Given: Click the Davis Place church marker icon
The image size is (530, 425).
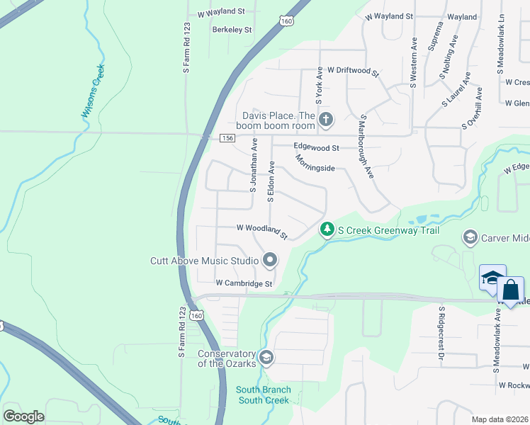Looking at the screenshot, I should pos(326,119).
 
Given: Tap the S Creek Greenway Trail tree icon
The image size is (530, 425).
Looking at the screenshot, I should pos(327,229).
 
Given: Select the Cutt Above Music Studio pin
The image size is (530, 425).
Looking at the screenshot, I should pos(270,261).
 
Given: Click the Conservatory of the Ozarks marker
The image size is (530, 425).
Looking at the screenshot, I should pos(266,356).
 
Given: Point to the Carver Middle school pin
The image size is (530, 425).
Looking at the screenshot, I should pos(470,237).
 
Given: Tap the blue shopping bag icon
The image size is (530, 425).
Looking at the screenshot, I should pos(511,290).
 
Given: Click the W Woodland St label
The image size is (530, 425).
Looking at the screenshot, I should pos(262,231).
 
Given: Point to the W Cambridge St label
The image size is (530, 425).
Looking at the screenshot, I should pos(244,283).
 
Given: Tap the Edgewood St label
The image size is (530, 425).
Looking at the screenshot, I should pos(317,148).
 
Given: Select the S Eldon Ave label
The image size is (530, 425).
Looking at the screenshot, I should pos(271,181).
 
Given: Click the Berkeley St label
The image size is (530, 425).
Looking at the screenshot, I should pos(232,30).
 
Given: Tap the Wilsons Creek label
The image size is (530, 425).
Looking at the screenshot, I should pos(94,91).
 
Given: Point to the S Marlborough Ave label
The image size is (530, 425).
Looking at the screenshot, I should pos(366,147).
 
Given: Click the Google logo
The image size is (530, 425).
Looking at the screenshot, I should pos(24,416).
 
